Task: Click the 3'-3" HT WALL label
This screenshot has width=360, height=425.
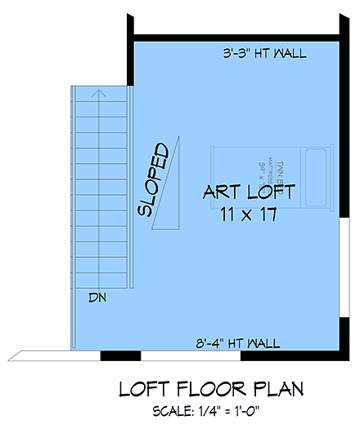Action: pos(264,54)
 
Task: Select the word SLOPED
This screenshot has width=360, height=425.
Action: pos(155,181)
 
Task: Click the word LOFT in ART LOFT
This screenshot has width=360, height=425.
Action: pos(269,195)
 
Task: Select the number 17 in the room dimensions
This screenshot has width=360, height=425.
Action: pos(266,215)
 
